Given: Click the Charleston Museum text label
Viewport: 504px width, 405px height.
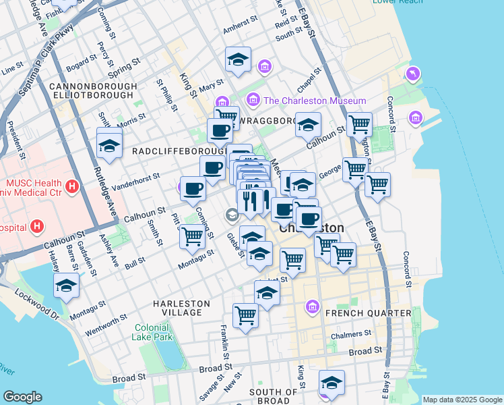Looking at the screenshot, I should pyautogui.click(x=315, y=101).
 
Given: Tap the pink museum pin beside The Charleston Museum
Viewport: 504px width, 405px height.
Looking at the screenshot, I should pyautogui.click(x=254, y=100).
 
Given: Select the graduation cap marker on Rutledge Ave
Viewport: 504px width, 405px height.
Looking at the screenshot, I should pyautogui.click(x=109, y=144).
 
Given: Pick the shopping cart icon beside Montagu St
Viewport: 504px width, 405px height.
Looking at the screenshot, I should pyautogui.click(x=193, y=236).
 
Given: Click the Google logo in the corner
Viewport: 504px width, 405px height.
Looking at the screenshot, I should pyautogui.click(x=22, y=397).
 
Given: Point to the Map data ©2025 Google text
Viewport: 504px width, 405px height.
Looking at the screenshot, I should pyautogui.click(x=462, y=400).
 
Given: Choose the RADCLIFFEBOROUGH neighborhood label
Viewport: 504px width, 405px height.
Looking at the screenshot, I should pyautogui.click(x=178, y=150).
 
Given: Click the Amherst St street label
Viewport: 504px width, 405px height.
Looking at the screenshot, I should pyautogui.click(x=240, y=32).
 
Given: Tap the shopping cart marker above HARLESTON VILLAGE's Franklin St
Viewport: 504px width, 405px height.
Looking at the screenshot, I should pyautogui.click(x=246, y=315).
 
